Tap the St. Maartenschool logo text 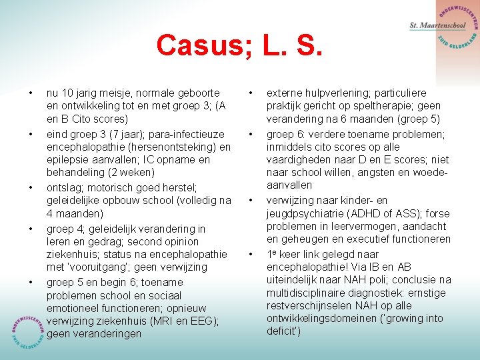(x=437, y=25)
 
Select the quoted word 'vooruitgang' (x=102, y=267)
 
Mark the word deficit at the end (x=283, y=331)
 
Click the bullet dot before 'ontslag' (x=30, y=187)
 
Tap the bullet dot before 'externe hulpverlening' (x=251, y=93)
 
